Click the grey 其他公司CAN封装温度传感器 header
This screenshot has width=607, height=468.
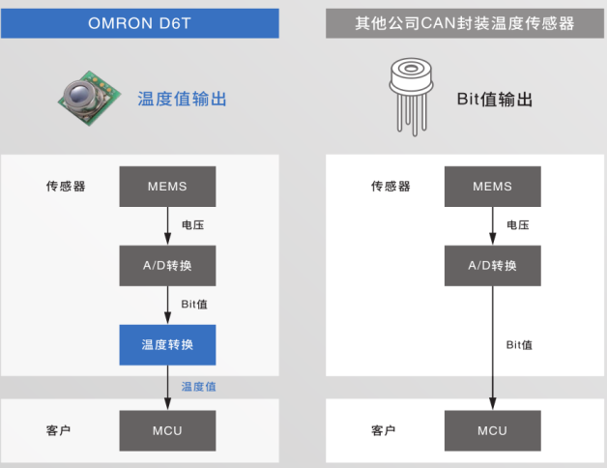point(464,22)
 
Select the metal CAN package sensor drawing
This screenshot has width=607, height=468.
point(410,98)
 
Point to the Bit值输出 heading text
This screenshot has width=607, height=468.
point(495,99)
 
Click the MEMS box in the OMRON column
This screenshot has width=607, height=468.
point(167,186)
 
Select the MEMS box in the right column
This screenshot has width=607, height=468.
point(492,186)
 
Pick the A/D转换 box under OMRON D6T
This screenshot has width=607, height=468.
point(167,265)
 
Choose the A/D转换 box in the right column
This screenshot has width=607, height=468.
point(492,265)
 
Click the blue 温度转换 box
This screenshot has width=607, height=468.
point(167,344)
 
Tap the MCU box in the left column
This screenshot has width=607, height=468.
point(167,430)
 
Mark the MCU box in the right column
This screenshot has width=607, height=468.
point(492,430)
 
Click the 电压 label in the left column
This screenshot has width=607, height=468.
point(193,225)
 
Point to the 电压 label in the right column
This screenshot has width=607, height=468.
point(518,225)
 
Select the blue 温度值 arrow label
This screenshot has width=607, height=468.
point(198,387)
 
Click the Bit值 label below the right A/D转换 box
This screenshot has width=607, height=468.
point(519,344)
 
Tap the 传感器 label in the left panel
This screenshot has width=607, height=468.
point(66,186)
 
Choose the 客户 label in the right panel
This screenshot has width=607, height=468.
point(384,430)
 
